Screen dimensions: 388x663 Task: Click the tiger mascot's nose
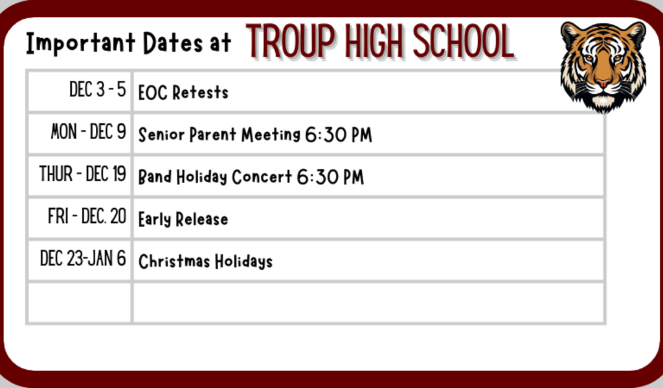click(603, 83)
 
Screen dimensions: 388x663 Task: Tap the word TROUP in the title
click(291, 42)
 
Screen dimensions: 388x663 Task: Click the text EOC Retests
click(183, 92)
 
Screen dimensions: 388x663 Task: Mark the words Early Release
click(183, 219)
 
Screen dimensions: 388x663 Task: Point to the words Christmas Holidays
click(205, 261)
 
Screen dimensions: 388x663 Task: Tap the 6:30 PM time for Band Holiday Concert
click(330, 177)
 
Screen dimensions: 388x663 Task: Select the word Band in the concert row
click(154, 177)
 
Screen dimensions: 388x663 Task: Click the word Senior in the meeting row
click(161, 135)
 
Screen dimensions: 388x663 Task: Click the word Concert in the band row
click(262, 177)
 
